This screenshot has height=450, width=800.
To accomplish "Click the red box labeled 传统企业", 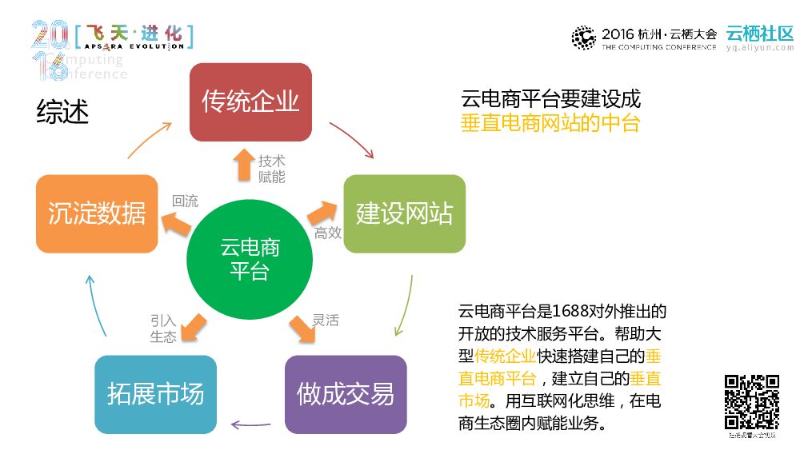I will point(250,102).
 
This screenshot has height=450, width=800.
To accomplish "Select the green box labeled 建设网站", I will point(404,213).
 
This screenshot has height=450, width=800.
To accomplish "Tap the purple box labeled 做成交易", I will point(346,394).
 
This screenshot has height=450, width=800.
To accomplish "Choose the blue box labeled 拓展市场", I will point(155,394).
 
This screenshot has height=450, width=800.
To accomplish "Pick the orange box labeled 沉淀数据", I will point(97,213).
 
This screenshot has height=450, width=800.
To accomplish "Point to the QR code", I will point(751,402).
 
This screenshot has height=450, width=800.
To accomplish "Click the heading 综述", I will point(62,112).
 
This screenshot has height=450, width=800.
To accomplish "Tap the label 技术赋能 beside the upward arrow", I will point(271,169).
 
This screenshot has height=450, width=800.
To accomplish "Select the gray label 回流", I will point(185,201).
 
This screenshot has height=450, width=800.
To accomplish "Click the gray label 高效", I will point(328,233).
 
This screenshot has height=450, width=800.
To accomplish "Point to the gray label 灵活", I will point(326,321).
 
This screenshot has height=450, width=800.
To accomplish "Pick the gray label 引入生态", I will point(163,329).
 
